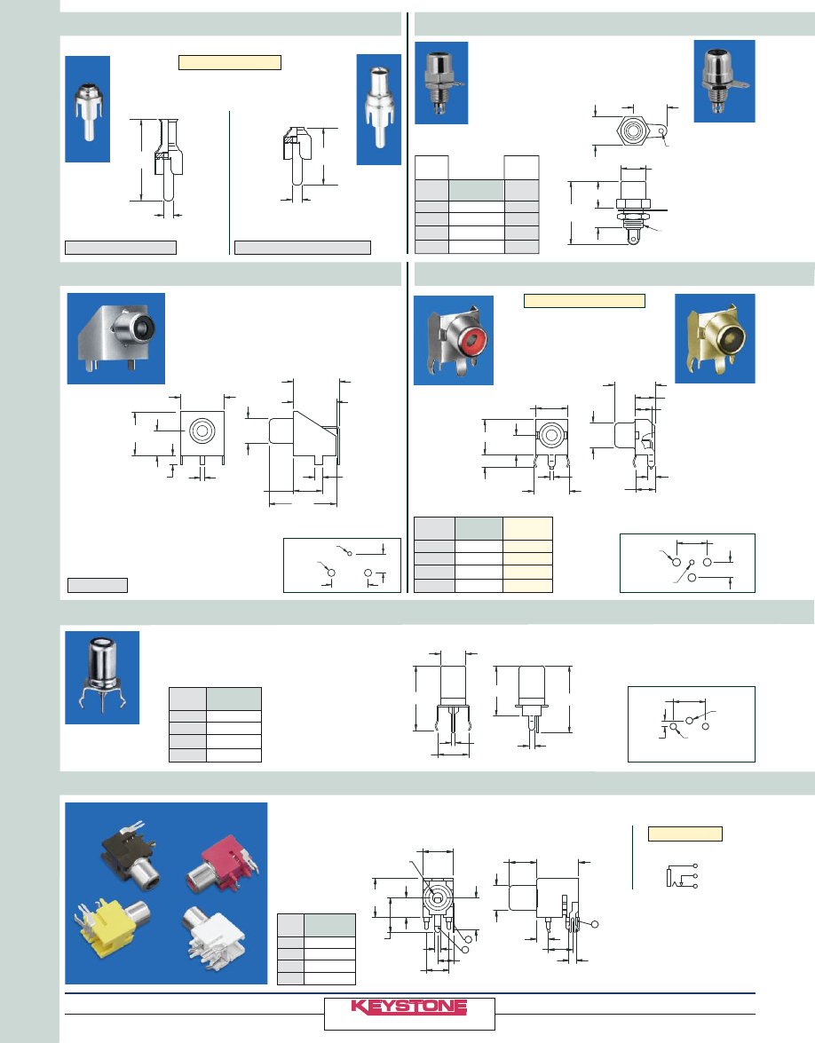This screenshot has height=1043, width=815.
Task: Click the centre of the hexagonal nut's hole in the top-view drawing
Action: [x=632, y=130]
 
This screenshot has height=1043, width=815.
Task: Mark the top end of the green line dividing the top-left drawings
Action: [x=230, y=111]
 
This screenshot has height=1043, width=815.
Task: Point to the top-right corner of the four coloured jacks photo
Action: [x=267, y=802]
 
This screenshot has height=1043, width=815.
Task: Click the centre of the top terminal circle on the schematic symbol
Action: [x=695, y=866]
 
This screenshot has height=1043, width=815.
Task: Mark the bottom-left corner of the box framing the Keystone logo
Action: [x=324, y=1030]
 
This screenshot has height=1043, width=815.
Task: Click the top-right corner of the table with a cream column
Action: [x=553, y=517]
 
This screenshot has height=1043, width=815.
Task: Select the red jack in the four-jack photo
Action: [x=223, y=864]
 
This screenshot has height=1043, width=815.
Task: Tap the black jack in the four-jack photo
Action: [x=131, y=853]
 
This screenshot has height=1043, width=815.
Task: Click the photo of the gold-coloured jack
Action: [x=716, y=338]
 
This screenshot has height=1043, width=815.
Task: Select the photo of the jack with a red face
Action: [x=454, y=341]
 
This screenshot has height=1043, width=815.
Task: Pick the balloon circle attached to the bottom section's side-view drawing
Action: [x=595, y=924]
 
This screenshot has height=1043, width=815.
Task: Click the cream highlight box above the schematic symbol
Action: [x=685, y=834]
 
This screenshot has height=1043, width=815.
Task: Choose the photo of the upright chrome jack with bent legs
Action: [x=102, y=678]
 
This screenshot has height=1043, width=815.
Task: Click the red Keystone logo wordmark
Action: [x=409, y=1007]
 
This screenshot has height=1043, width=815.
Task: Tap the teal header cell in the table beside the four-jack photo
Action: [x=330, y=925]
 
